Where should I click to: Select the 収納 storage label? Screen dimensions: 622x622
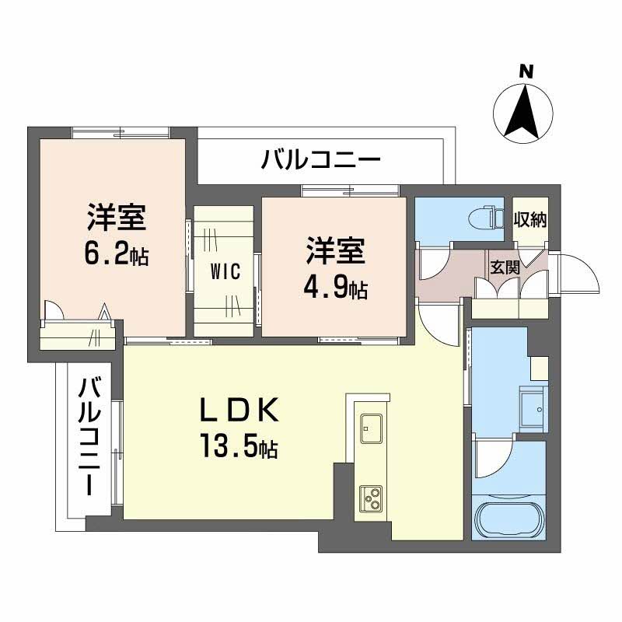click(530, 219)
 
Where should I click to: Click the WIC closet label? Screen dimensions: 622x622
click(224, 272)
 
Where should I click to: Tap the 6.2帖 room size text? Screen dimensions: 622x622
click(117, 254)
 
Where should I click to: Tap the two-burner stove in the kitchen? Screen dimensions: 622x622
click(370, 496)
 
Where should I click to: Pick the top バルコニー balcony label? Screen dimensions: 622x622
click(320, 162)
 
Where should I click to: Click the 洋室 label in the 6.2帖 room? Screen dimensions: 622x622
click(117, 218)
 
